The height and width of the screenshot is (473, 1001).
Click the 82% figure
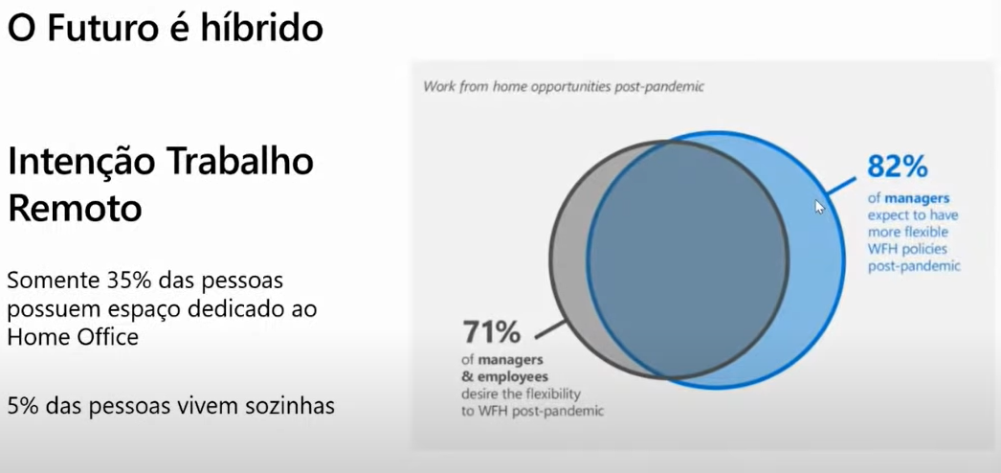point(897,167)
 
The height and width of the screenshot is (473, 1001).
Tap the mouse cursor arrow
point(818,206)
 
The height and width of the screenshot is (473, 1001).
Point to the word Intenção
point(78,162)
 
